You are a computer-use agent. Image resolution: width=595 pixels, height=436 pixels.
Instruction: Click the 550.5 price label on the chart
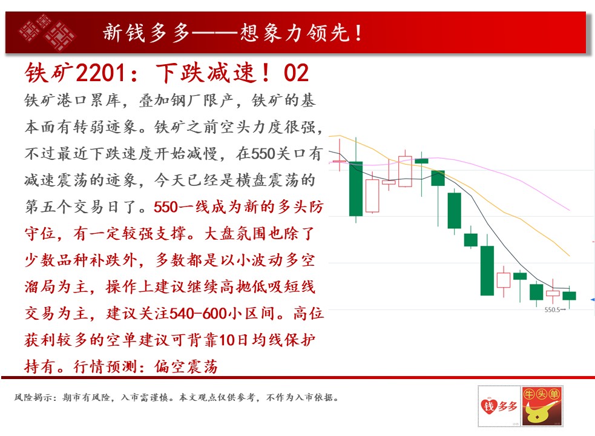(552, 310)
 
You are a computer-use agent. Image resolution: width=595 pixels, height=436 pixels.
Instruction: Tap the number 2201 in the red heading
(100, 73)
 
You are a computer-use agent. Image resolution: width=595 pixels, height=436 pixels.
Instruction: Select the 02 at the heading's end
(296, 73)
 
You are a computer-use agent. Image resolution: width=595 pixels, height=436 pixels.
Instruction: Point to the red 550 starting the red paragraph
(166, 207)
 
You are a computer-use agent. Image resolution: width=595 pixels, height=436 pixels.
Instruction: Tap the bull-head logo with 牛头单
(542, 406)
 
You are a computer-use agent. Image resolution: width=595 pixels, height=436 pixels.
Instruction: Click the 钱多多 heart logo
(499, 406)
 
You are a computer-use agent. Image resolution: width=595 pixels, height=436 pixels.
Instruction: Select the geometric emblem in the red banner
(47, 33)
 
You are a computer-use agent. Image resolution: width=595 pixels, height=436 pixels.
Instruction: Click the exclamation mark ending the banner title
(358, 33)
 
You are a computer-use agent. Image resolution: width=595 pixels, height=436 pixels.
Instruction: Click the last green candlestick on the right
(569, 296)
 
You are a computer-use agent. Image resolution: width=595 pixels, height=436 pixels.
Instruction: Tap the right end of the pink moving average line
(569, 210)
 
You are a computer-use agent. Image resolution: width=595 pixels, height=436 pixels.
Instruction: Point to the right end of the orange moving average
(569, 256)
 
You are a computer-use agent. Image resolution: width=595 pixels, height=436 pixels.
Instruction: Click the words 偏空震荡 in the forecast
(186, 367)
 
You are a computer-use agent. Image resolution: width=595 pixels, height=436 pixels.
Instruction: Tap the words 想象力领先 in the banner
(295, 33)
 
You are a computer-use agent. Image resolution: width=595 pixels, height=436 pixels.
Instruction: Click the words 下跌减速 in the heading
(205, 73)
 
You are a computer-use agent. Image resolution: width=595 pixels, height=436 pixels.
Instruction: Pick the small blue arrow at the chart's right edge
(593, 300)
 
